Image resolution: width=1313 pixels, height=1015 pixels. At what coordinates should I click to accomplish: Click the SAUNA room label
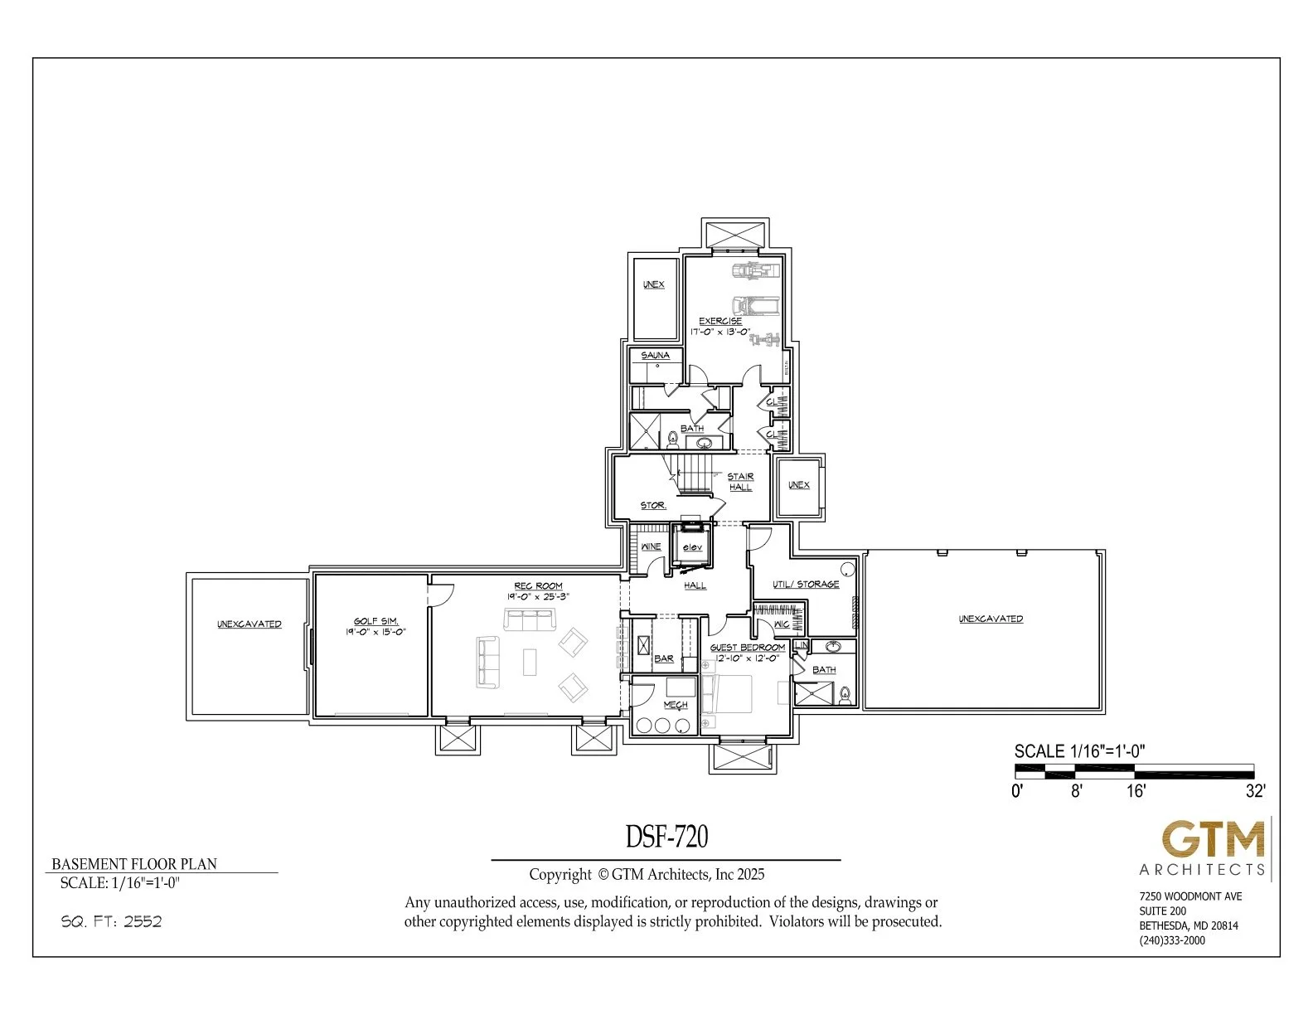(x=655, y=355)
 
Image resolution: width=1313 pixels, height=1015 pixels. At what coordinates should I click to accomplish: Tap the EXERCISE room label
(x=719, y=321)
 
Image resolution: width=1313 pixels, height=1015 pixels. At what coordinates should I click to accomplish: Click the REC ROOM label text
(x=538, y=586)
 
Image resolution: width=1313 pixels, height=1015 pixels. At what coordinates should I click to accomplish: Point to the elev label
(x=692, y=547)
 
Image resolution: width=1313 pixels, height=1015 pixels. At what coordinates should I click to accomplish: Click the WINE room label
(x=652, y=546)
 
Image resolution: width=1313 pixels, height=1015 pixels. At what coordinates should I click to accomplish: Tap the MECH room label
(x=676, y=705)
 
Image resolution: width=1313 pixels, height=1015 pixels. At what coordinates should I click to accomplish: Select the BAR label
(x=664, y=658)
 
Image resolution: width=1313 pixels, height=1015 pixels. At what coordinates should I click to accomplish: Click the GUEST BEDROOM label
(x=748, y=648)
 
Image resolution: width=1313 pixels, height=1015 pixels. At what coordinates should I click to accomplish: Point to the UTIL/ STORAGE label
(x=806, y=584)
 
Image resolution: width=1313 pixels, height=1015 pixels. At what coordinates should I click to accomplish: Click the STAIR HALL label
(x=740, y=482)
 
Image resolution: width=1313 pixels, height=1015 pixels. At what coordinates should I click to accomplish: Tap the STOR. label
(x=653, y=505)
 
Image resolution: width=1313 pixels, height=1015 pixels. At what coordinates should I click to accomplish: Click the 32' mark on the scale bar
(x=1255, y=791)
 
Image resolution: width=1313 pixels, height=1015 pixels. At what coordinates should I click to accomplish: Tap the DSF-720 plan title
(x=666, y=838)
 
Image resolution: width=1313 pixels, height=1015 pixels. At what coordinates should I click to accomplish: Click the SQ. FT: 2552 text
(x=111, y=921)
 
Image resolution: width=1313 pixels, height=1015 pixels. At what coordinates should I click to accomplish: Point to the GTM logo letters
(x=1214, y=841)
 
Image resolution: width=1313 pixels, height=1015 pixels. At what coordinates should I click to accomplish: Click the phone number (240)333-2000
(x=1172, y=940)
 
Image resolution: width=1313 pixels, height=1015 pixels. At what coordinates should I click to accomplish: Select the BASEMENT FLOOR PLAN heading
(x=134, y=863)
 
